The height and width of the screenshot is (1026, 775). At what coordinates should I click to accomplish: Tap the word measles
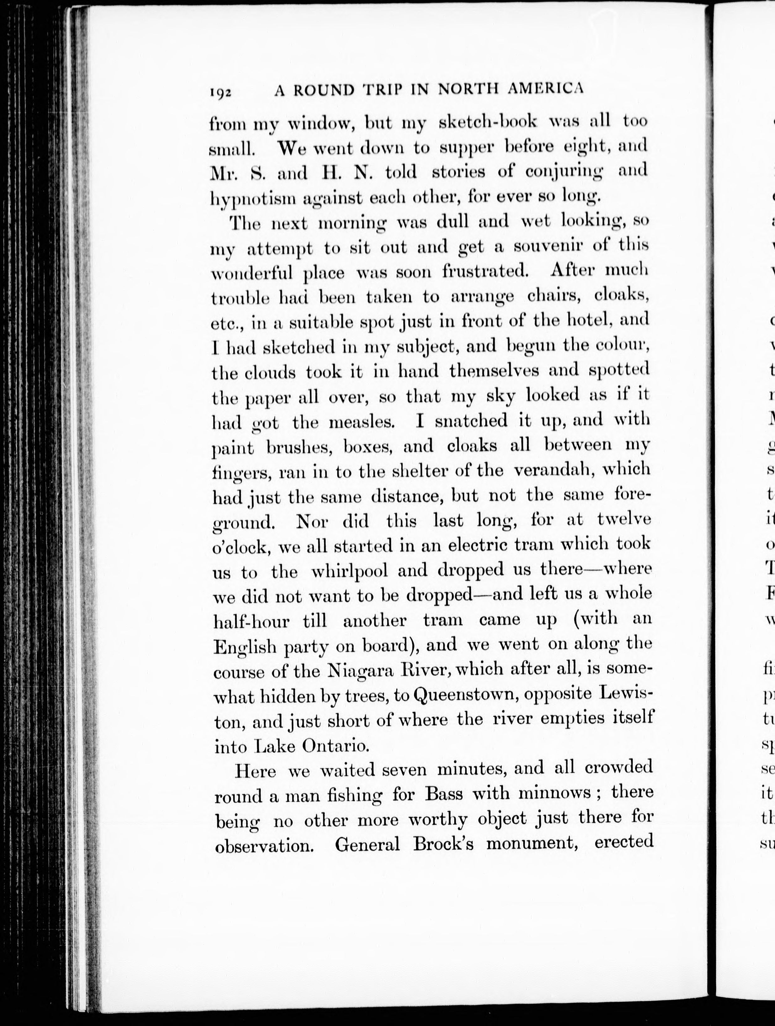tap(362, 422)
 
